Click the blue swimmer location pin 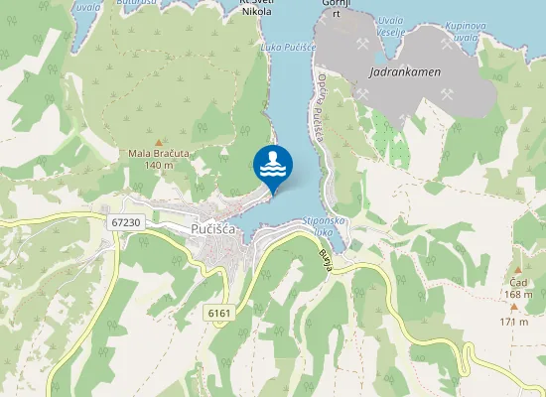273,165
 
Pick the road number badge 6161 220,313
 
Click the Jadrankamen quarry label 404,72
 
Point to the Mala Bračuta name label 159,153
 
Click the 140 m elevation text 159,165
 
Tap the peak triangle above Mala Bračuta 159,142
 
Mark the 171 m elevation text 514,322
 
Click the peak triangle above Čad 517,271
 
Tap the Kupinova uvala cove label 466,27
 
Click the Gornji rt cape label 337,8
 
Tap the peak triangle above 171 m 514,308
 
